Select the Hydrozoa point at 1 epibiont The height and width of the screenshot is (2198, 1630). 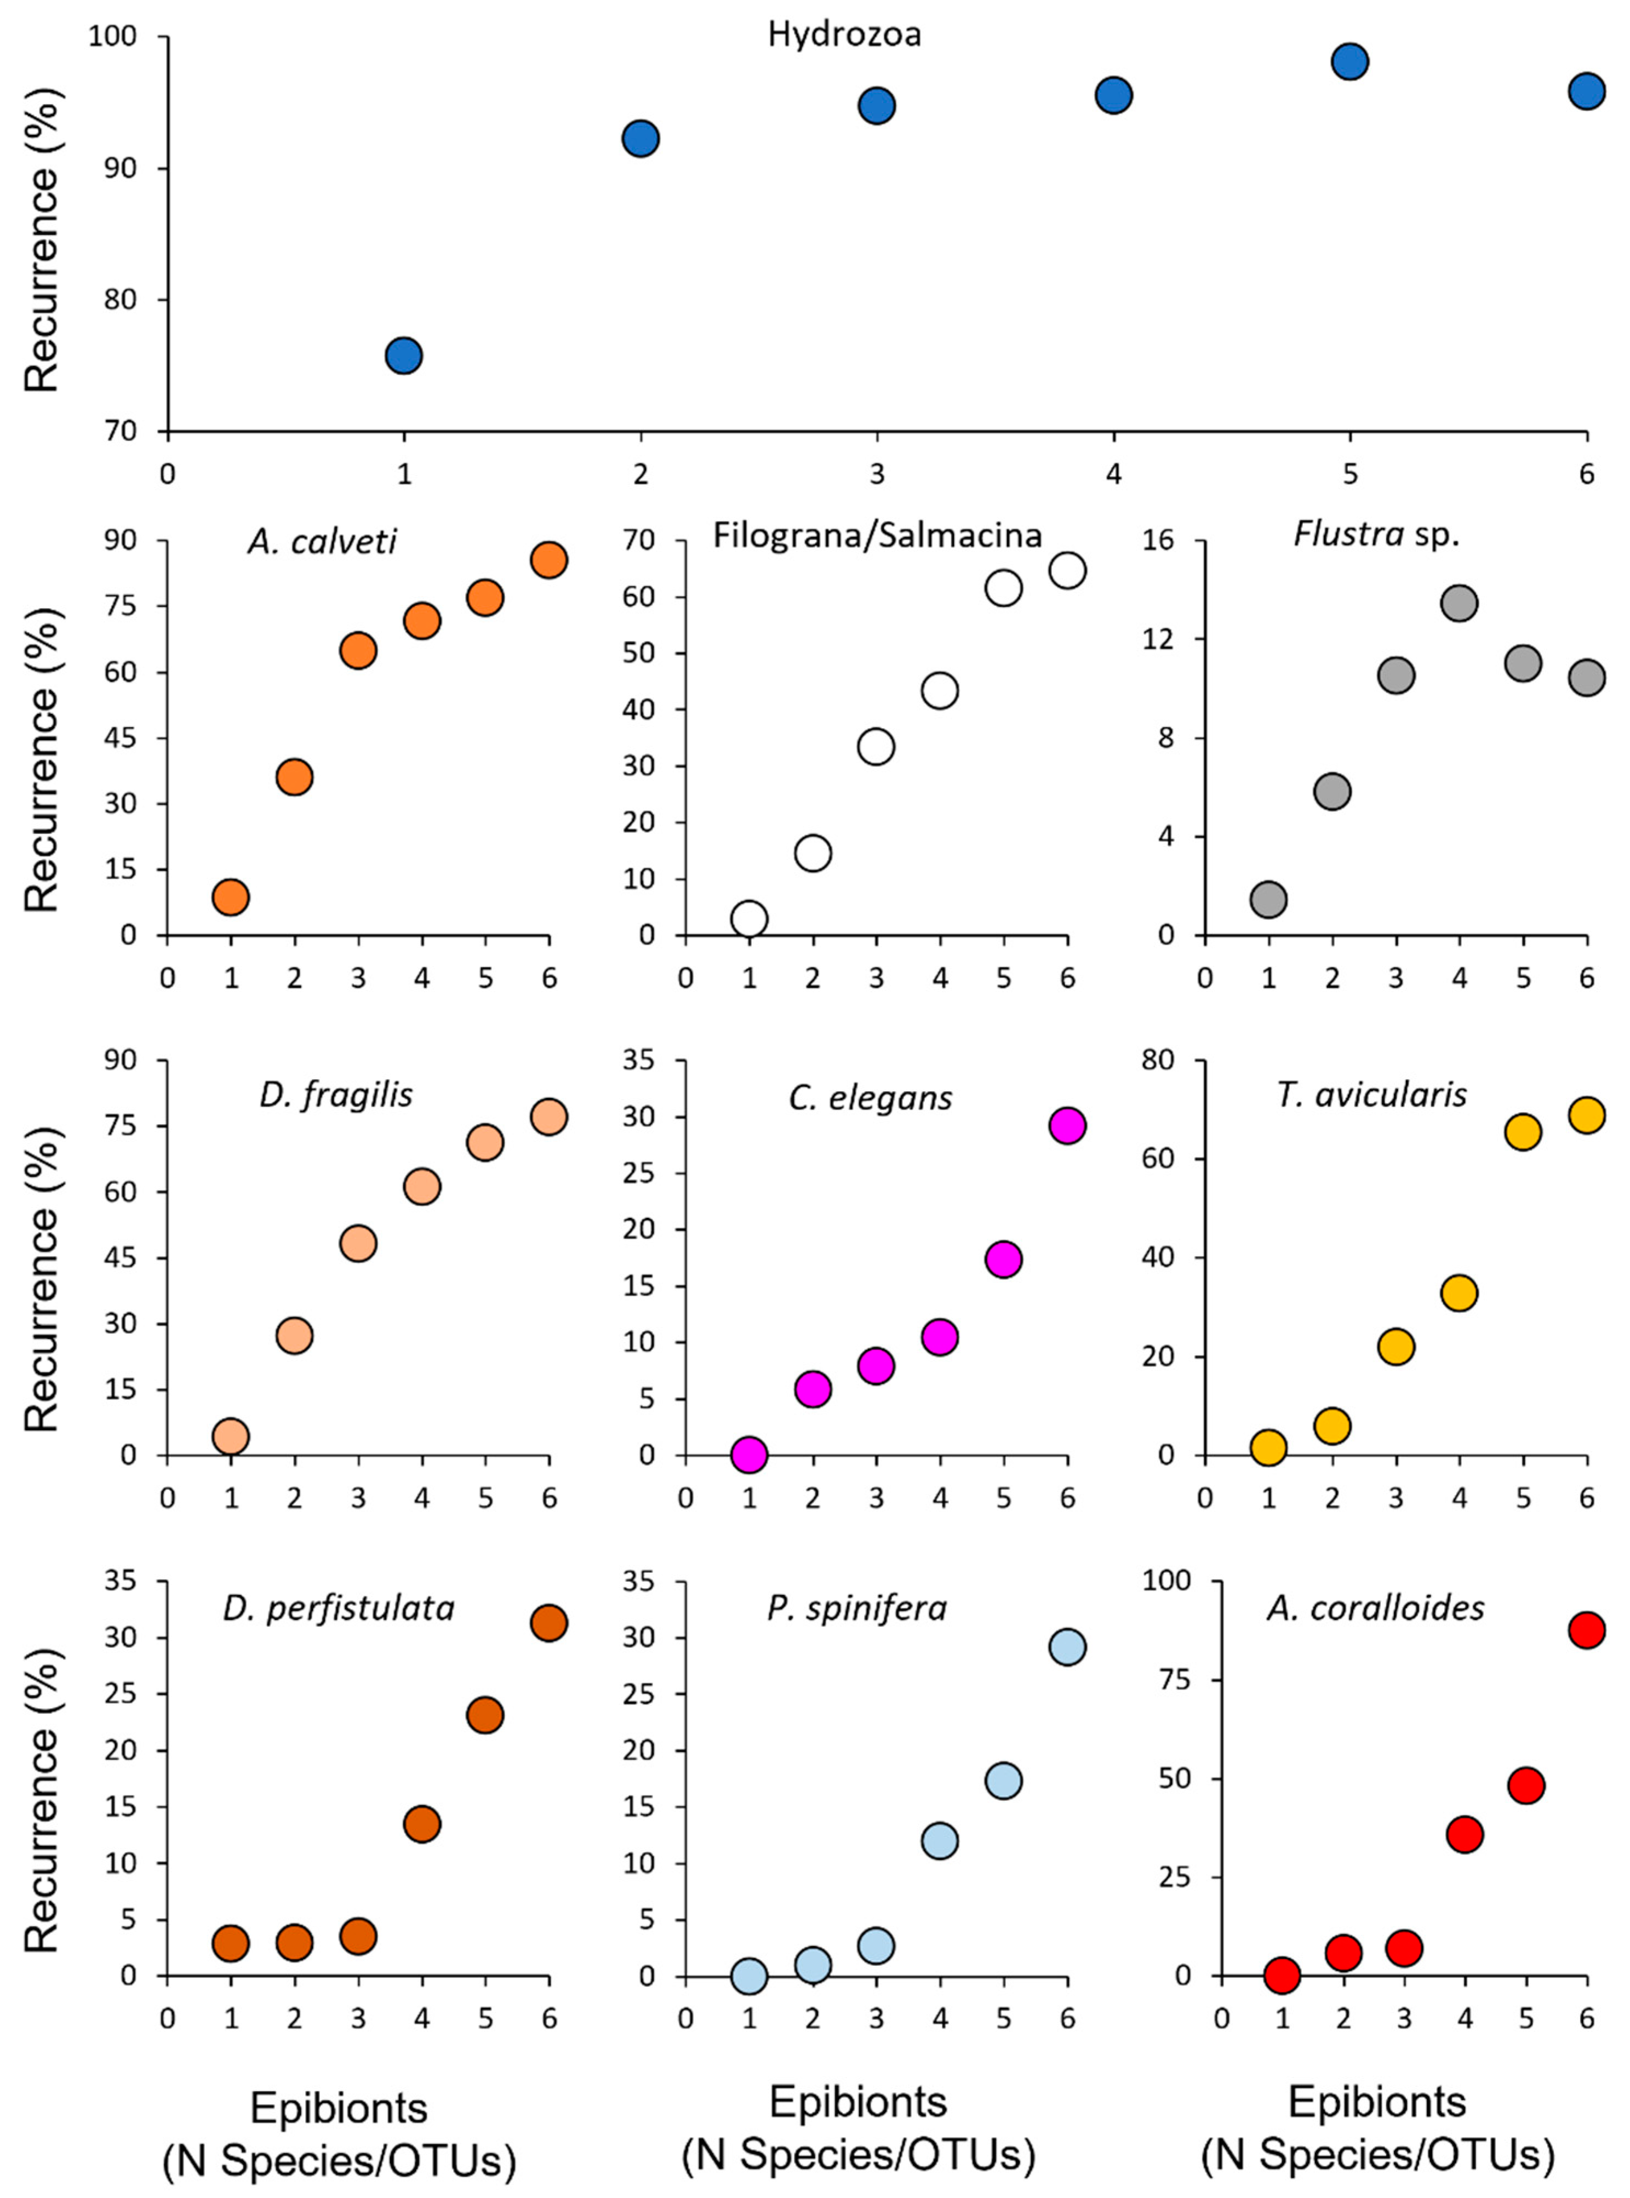tap(404, 355)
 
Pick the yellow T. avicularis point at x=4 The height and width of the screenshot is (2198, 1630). tap(1459, 1293)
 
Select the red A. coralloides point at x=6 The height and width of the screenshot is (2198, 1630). tap(1587, 1630)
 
